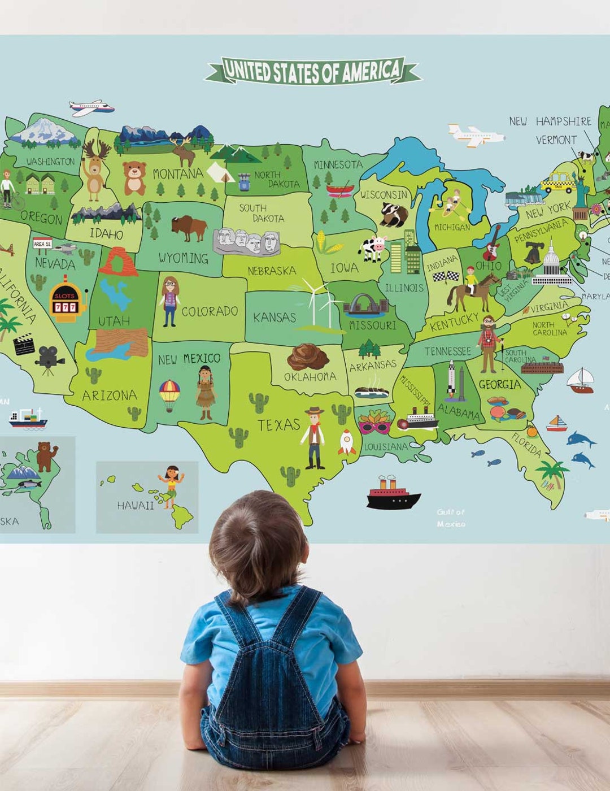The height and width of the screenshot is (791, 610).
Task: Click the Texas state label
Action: [x=278, y=425]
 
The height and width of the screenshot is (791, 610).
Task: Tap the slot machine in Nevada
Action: [x=66, y=299]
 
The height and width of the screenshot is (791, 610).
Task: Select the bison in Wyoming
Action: [x=189, y=227]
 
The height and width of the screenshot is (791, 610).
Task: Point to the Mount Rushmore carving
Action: [x=246, y=242]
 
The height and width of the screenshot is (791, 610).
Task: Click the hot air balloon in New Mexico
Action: [x=169, y=394]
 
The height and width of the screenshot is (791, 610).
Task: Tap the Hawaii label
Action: [x=136, y=505]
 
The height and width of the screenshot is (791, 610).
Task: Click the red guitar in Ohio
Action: [x=492, y=243]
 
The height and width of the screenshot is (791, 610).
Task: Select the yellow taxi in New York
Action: [x=557, y=182]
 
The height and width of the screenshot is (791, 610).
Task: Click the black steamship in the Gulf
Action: [x=393, y=494]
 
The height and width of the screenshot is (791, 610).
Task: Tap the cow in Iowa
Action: [x=373, y=247]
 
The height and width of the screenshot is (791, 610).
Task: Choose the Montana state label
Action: [x=177, y=173]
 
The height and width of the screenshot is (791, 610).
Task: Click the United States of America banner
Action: [x=313, y=71]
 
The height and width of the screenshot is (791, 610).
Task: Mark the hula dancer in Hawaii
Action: [x=171, y=485]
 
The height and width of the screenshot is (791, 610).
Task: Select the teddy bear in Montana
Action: [x=134, y=177]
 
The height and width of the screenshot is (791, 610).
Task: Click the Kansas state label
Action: [x=274, y=317]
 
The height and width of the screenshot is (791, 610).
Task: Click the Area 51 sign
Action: [x=42, y=244]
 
